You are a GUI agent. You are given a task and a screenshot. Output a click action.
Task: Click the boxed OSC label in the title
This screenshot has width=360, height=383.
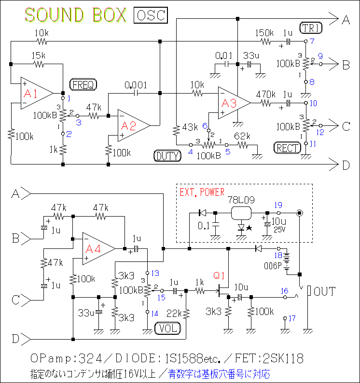click(x=151, y=15)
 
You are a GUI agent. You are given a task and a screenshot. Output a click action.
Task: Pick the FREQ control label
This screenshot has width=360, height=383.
click(x=83, y=85)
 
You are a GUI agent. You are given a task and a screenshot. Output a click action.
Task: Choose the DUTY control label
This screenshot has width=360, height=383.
click(x=167, y=155)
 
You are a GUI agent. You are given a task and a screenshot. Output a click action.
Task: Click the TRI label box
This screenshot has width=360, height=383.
click(x=311, y=28)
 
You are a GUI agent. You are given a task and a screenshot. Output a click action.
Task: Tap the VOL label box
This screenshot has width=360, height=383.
click(x=168, y=329)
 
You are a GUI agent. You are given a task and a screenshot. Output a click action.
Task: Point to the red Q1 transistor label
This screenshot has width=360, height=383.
click(x=219, y=276)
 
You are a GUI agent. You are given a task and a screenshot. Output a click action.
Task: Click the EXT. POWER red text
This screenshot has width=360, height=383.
click(x=202, y=192)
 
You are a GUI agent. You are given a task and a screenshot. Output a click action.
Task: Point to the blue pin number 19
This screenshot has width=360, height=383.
click(x=278, y=205)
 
